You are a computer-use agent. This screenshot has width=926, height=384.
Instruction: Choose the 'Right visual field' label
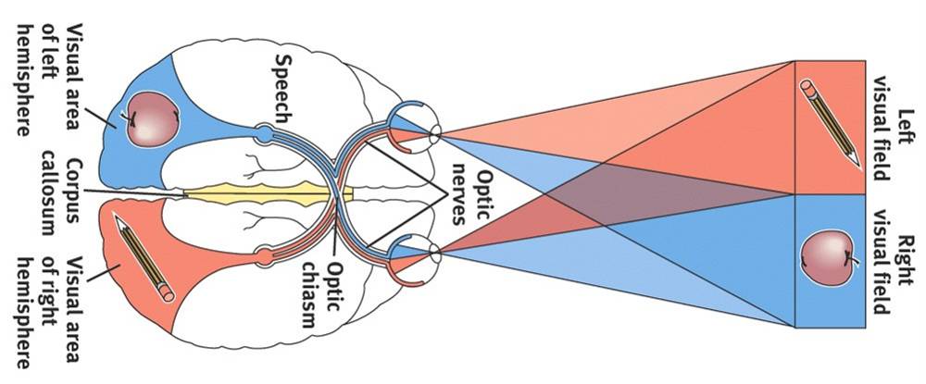coord(897,259)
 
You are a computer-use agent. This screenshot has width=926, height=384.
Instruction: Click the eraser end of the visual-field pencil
coord(807,90)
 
